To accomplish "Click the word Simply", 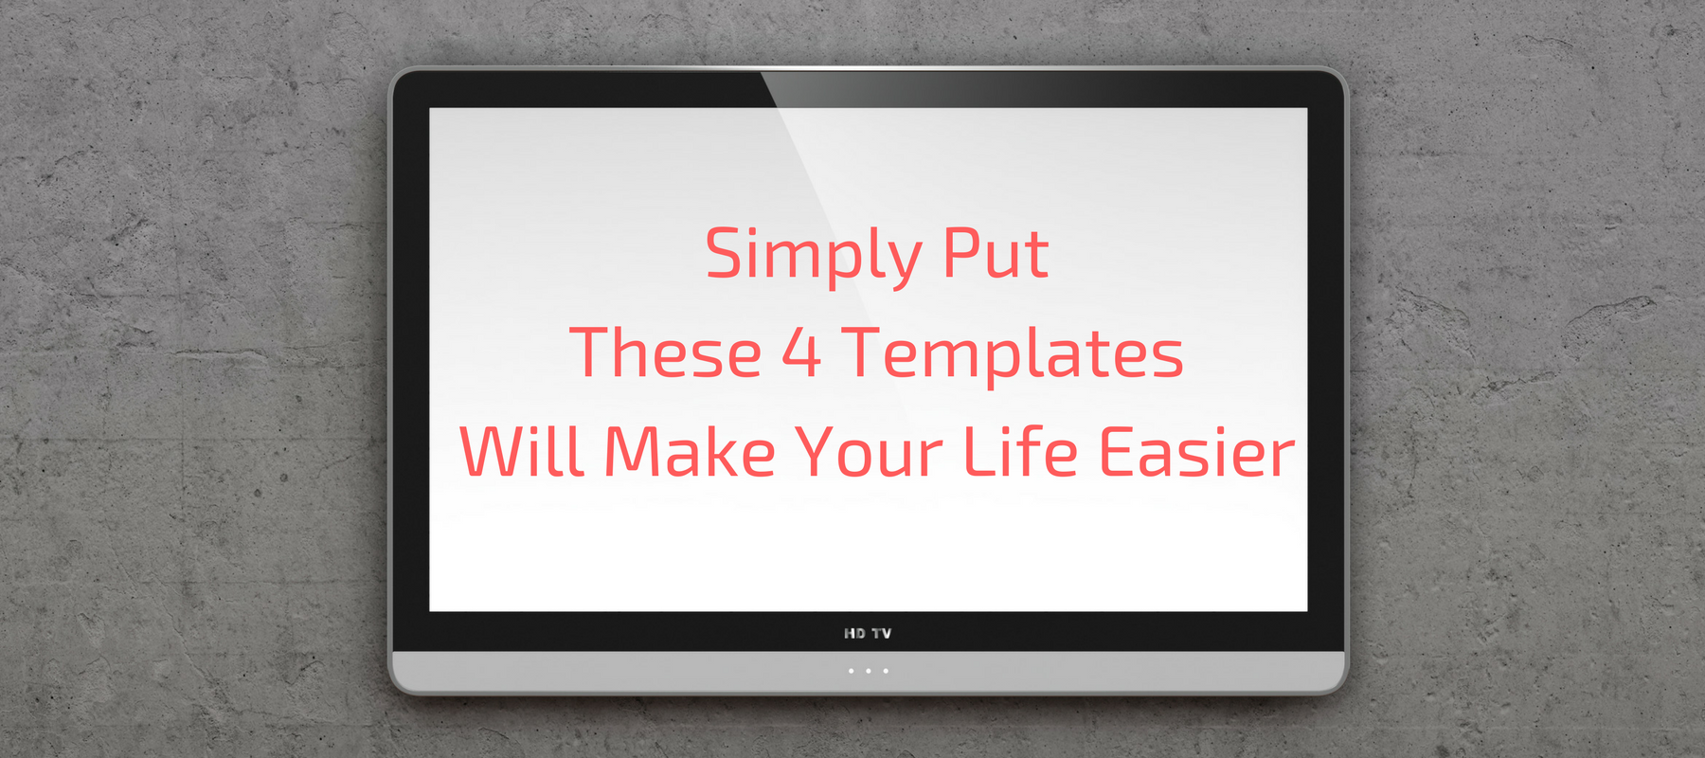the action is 814,256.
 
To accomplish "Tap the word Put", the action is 996,253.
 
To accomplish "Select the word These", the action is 666,352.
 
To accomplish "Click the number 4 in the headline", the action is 801,353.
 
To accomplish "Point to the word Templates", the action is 1013,356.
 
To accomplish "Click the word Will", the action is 521,451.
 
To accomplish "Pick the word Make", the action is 691,451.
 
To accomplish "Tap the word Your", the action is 870,452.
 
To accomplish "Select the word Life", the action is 1021,451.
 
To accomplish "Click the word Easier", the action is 1197,451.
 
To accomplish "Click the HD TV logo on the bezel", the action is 868,633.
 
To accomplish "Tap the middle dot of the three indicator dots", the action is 868,671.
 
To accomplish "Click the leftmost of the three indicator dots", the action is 851,671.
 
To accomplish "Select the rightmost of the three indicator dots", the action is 886,671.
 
